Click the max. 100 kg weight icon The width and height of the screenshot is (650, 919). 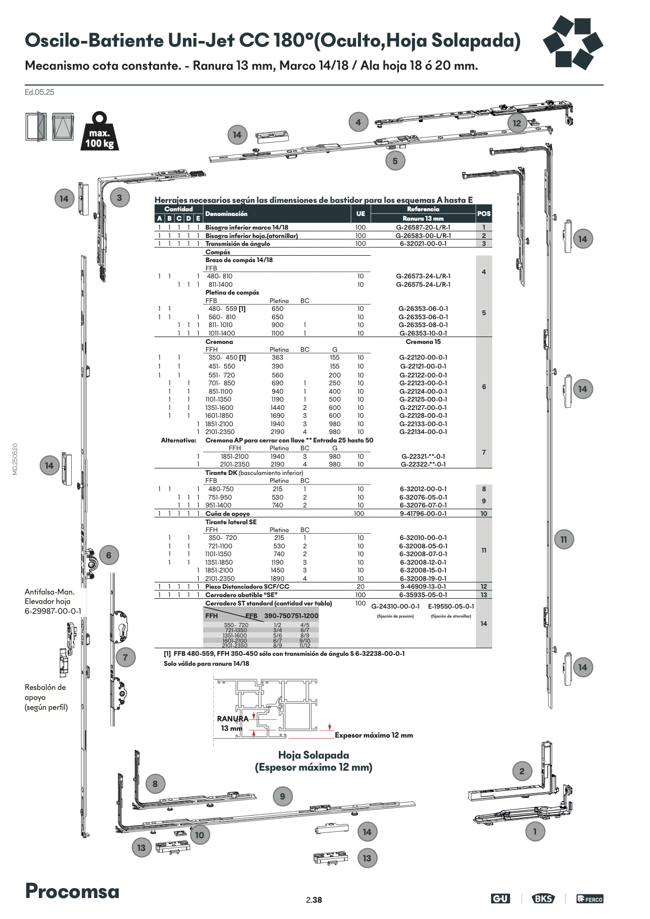coord(99,132)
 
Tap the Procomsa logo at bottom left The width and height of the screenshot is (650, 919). coord(72,891)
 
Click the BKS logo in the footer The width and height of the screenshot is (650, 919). coord(543,899)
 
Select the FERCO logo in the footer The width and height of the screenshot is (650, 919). coord(590,899)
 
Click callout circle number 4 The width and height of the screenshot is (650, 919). coord(358,123)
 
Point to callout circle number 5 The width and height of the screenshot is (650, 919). coord(395,161)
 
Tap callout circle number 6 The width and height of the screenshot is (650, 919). coord(109,555)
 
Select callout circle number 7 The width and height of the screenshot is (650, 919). coord(125,657)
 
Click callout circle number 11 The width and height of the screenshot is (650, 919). coord(564,539)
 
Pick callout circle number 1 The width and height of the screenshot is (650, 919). coord(535,831)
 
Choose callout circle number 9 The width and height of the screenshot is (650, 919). coord(283,796)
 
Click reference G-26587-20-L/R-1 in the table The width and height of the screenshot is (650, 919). coord(423,228)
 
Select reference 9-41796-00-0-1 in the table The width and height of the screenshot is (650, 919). coord(423,514)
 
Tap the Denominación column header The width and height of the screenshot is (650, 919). coord(226,214)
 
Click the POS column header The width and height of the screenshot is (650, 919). coord(484,213)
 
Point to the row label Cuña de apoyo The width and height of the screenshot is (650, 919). coord(227,514)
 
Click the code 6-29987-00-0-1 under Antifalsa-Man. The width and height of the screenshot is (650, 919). coord(53,611)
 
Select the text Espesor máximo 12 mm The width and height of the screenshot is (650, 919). coord(374,735)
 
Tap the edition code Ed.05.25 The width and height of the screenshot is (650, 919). coord(39,92)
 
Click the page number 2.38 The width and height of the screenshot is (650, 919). coord(314,900)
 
